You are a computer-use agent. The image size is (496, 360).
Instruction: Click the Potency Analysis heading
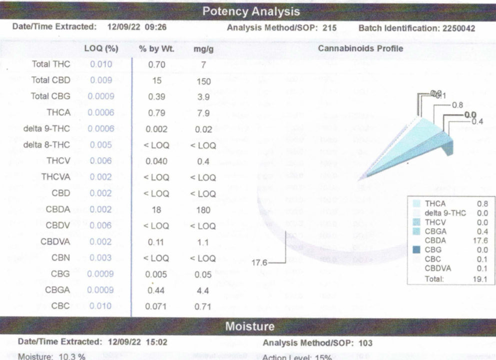pyautogui.click(x=251, y=11)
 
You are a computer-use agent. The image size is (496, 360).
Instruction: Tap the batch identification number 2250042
pyautogui.click(x=459, y=28)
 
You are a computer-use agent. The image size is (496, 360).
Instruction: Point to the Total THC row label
pyautogui.click(x=51, y=64)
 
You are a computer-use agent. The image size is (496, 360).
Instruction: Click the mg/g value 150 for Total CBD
pyautogui.click(x=204, y=81)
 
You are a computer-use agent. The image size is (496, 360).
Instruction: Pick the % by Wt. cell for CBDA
pyautogui.click(x=156, y=210)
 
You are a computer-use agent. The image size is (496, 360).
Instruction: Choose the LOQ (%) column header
pyautogui.click(x=101, y=48)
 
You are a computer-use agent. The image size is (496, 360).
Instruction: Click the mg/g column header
pyautogui.click(x=203, y=48)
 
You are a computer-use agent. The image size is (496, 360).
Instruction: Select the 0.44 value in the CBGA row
pyautogui.click(x=157, y=290)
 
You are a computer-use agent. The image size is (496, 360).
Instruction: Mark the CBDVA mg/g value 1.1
pyautogui.click(x=203, y=242)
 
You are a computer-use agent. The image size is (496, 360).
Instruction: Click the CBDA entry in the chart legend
pyautogui.click(x=435, y=240)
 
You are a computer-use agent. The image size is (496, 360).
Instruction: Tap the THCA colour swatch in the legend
pyautogui.click(x=416, y=204)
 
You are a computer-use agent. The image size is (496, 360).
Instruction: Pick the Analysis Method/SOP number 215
pyautogui.click(x=329, y=28)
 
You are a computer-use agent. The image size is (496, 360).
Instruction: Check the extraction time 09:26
pyautogui.click(x=155, y=27)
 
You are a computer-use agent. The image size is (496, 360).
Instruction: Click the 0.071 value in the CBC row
pyautogui.click(x=156, y=306)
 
